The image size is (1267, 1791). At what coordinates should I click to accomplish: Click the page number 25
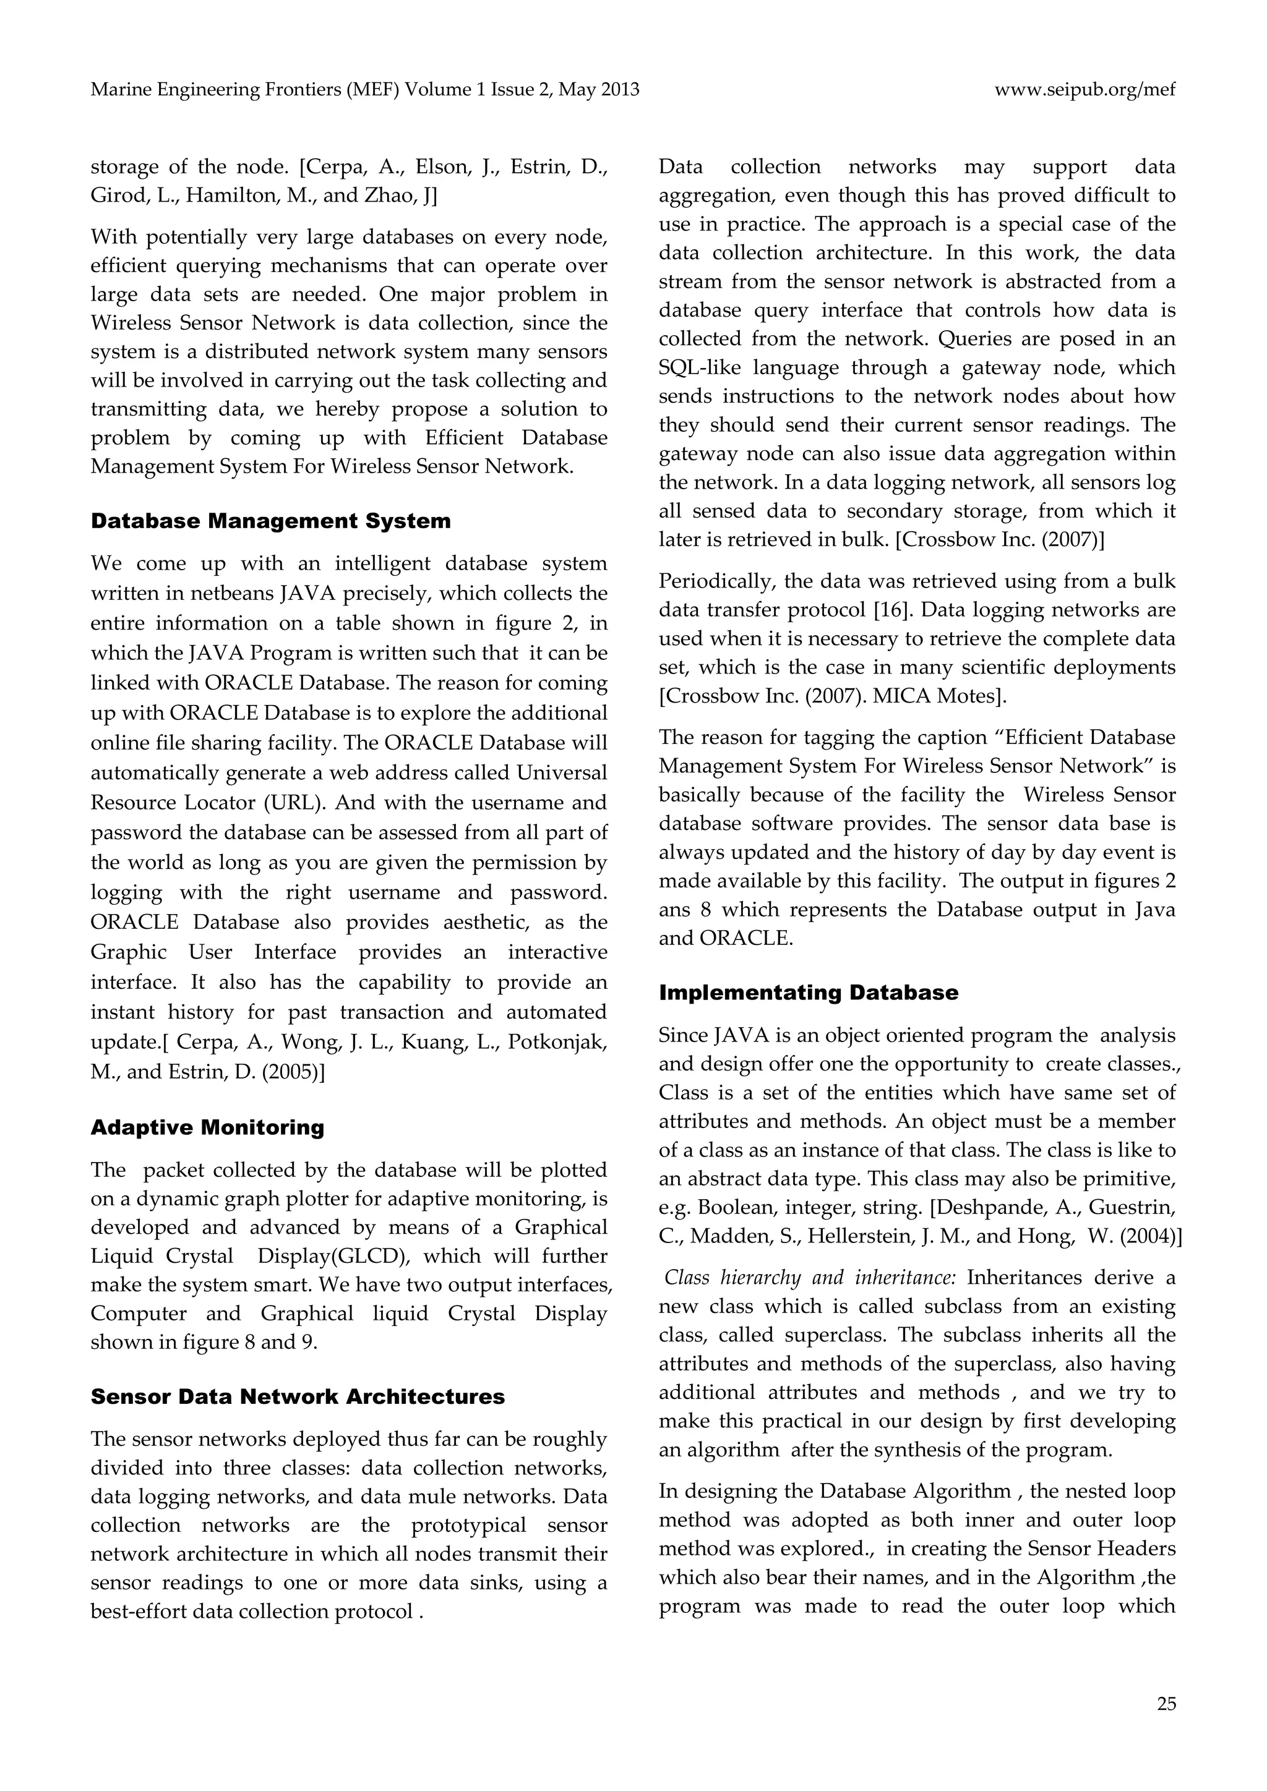coord(1166,1704)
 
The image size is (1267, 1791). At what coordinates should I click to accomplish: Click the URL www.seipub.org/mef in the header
coord(1084,90)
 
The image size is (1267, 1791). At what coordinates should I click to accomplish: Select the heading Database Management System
coord(271,521)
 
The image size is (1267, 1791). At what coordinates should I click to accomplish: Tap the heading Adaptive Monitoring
coord(207,1127)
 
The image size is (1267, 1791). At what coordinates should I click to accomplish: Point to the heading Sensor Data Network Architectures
coord(297,1396)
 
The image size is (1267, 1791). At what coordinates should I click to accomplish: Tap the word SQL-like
coord(700,367)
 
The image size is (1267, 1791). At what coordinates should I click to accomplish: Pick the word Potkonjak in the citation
coord(557,1042)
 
